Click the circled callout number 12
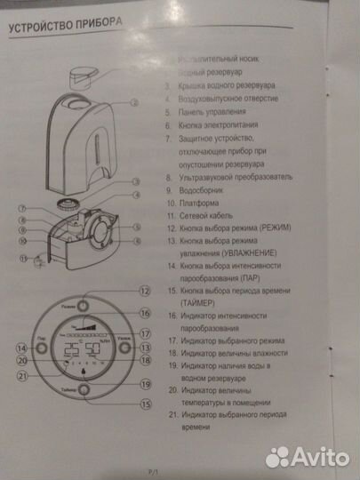tap(145, 291)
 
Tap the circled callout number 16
tap(145, 313)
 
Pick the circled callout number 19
tap(145, 384)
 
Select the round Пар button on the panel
tap(44, 348)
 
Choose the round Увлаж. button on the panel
tap(124, 348)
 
